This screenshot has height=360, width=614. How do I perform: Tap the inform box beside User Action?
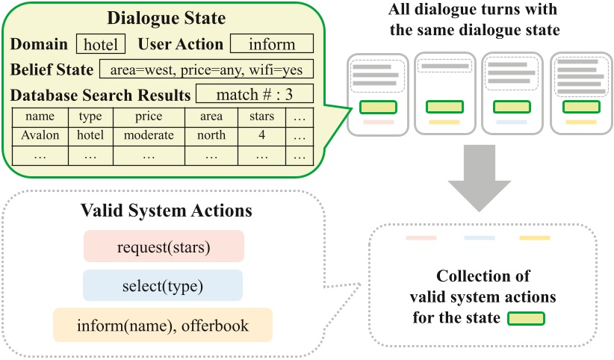click(271, 44)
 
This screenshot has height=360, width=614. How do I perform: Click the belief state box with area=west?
click(205, 70)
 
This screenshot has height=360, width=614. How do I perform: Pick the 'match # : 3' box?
click(255, 95)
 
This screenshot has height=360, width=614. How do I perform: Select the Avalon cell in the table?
click(40, 135)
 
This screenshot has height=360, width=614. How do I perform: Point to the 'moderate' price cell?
click(148, 135)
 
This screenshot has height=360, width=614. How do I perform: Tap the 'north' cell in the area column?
click(211, 135)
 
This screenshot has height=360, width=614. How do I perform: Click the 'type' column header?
click(90, 117)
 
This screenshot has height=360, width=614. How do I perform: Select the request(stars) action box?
click(164, 246)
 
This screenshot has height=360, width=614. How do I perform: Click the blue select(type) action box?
click(164, 285)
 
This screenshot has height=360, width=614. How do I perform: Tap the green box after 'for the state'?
click(526, 319)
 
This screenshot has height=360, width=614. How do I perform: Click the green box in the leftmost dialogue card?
click(377, 107)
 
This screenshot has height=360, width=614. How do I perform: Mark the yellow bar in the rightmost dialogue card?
click(580, 122)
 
